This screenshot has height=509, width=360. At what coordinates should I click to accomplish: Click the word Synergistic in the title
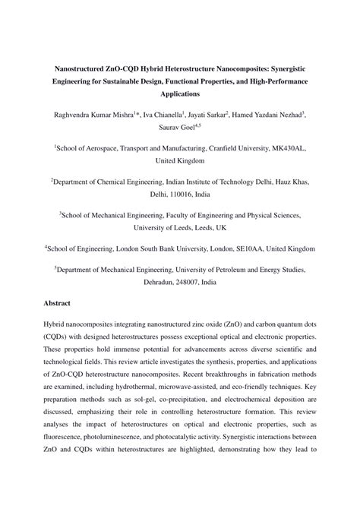pos(292,66)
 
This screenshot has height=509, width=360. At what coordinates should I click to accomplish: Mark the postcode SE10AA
pos(243,248)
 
